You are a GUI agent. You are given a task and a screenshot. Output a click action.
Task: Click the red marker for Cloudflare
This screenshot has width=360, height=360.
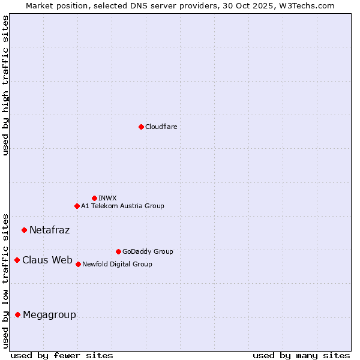(x=141, y=127)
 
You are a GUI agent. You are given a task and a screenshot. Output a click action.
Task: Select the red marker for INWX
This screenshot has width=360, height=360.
(x=94, y=198)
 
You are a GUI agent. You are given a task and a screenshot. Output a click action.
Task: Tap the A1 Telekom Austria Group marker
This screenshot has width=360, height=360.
(x=77, y=206)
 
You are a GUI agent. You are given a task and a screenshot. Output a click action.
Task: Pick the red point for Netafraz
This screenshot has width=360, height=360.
(x=24, y=230)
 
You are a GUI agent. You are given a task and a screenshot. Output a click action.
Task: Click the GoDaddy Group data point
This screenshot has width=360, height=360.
(x=118, y=251)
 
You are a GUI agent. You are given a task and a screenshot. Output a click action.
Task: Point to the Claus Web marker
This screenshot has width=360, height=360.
(x=17, y=260)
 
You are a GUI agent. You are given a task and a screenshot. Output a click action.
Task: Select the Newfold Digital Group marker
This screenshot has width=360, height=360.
(x=78, y=264)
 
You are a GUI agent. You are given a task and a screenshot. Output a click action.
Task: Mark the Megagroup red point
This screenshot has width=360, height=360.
(x=17, y=314)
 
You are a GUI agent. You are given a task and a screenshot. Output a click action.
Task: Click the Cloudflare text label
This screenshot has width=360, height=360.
(x=161, y=127)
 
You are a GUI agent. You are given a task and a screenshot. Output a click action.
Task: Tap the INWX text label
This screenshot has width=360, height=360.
(x=107, y=198)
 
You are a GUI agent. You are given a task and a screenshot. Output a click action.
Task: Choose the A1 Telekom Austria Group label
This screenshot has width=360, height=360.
(x=122, y=206)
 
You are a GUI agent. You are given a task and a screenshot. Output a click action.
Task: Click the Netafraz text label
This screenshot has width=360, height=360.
(x=49, y=230)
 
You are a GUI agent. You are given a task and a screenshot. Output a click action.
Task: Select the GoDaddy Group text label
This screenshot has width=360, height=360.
(x=148, y=251)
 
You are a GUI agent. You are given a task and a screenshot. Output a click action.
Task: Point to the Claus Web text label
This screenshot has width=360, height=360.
(x=47, y=260)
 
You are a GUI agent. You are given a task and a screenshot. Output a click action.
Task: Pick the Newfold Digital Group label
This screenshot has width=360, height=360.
(x=117, y=264)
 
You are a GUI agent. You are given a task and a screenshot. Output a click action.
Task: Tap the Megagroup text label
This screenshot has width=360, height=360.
(x=49, y=314)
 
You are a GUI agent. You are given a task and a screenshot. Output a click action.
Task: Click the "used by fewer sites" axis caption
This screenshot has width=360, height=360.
(x=62, y=355)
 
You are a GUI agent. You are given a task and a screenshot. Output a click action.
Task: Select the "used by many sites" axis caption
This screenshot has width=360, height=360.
(x=301, y=355)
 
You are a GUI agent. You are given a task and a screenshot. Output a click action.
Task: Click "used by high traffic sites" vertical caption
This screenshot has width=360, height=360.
(x=5, y=85)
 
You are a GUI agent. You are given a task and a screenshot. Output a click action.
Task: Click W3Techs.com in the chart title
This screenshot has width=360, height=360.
(x=305, y=5)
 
